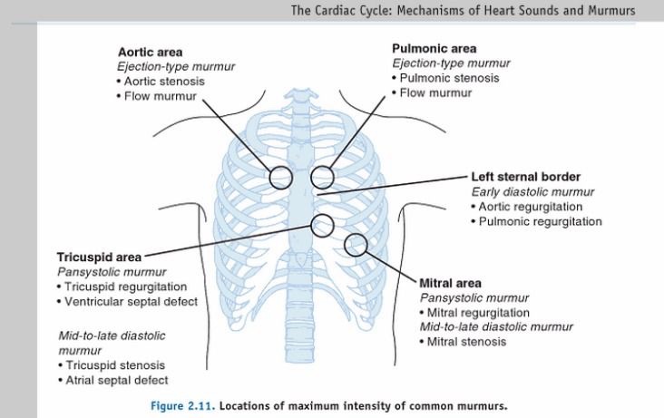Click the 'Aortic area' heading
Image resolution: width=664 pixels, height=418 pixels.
click(150, 53)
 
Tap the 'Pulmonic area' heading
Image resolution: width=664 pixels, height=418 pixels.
click(435, 48)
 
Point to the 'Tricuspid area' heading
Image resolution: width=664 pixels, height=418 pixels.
click(97, 258)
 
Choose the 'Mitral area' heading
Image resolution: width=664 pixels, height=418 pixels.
click(451, 283)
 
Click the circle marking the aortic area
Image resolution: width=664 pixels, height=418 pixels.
click(279, 175)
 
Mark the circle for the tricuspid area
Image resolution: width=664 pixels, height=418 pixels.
click(322, 224)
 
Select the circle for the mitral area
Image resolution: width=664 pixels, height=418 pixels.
click(356, 244)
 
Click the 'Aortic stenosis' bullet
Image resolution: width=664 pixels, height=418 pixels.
click(169, 82)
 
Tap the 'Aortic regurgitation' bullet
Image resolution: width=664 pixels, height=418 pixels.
click(530, 207)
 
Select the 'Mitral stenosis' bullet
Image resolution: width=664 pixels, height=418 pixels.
click(465, 341)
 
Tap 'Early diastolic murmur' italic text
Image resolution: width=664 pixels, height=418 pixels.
click(532, 191)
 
